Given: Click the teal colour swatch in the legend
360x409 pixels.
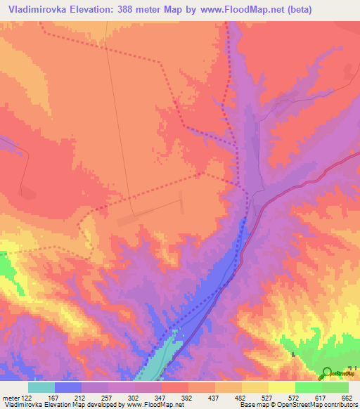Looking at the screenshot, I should coord(41,387).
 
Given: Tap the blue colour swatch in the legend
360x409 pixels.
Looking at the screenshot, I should coord(68,387).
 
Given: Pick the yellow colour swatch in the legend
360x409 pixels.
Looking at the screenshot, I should coord(255,387).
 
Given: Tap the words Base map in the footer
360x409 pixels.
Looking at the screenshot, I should coord(251,405).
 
